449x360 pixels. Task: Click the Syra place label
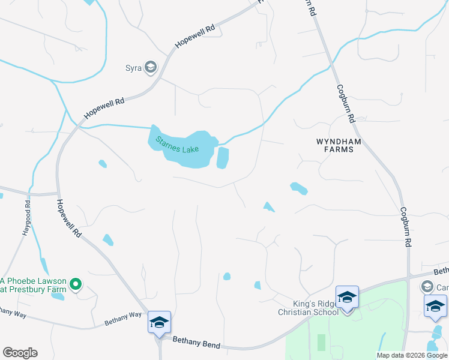tap(133, 68)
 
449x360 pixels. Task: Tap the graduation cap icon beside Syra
tap(150, 67)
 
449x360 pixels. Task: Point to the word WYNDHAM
tap(335, 141)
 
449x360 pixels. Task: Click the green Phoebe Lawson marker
tap(76, 284)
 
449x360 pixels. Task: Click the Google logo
tap(20, 353)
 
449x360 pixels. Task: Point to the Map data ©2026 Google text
tap(412, 355)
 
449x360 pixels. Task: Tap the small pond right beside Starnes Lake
tap(223, 158)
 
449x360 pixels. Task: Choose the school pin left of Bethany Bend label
tap(160, 323)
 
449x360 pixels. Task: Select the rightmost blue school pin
tap(435, 307)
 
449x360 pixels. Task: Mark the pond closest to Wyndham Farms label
tap(298, 188)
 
